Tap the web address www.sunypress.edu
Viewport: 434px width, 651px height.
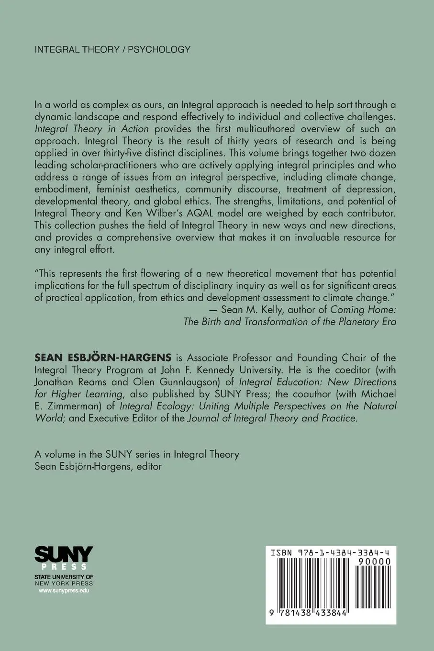click(64, 591)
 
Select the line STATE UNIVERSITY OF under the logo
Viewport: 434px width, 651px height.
click(64, 577)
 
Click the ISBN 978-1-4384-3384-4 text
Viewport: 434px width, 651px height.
click(331, 552)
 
